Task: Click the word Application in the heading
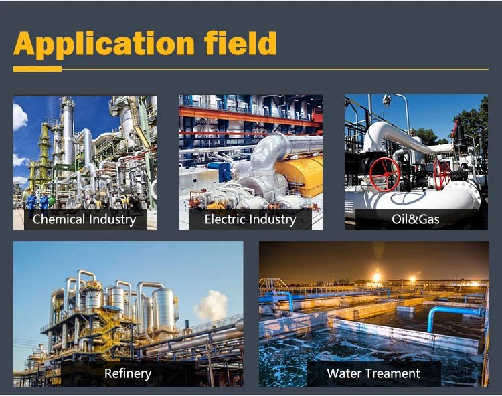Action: pyautogui.click(x=104, y=44)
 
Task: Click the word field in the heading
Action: pyautogui.click(x=240, y=43)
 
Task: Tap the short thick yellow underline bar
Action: pyautogui.click(x=37, y=69)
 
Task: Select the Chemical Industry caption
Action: pyautogui.click(x=84, y=219)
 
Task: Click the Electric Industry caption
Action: pyautogui.click(x=250, y=219)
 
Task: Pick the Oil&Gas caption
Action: pyautogui.click(x=416, y=219)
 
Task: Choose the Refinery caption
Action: pyautogui.click(x=128, y=373)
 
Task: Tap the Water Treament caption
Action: pyautogui.click(x=373, y=373)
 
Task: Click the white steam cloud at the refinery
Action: pyautogui.click(x=211, y=305)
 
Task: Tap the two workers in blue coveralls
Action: pyautogui.click(x=37, y=203)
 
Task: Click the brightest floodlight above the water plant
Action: pyautogui.click(x=377, y=276)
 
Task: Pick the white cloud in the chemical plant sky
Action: pyautogui.click(x=20, y=117)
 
